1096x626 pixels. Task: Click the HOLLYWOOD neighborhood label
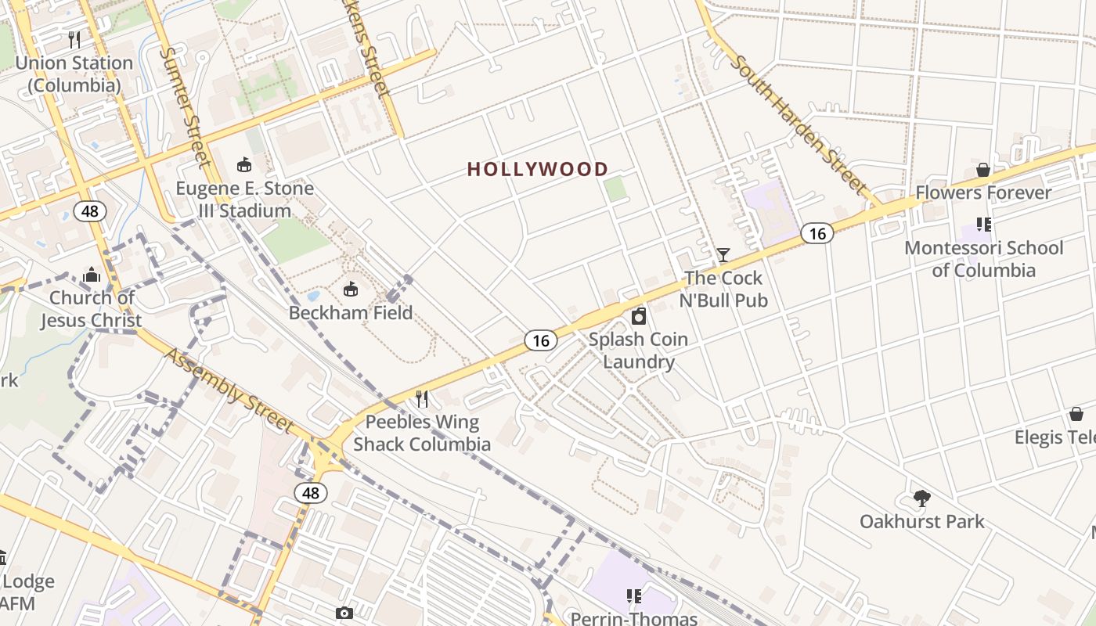538,169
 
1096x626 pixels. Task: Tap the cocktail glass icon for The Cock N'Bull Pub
723,255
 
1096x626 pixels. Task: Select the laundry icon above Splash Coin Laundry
639,316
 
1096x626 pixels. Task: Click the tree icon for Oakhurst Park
922,498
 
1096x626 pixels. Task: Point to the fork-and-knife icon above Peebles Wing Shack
422,399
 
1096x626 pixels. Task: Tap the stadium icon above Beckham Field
351,290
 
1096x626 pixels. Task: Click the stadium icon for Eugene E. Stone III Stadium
244,164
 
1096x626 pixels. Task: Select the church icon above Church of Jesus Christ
92,275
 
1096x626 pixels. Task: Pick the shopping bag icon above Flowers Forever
983,170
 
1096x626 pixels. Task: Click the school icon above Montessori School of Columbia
984,225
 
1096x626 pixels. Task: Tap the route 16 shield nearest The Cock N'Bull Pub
817,233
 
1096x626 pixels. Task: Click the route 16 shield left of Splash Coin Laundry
540,340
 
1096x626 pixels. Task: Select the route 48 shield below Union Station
90,210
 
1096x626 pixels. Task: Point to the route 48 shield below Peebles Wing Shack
311,493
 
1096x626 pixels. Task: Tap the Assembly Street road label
229,390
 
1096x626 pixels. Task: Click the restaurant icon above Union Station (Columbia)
74,39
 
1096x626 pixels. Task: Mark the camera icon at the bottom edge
344,613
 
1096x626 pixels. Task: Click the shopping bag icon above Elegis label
1076,414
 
